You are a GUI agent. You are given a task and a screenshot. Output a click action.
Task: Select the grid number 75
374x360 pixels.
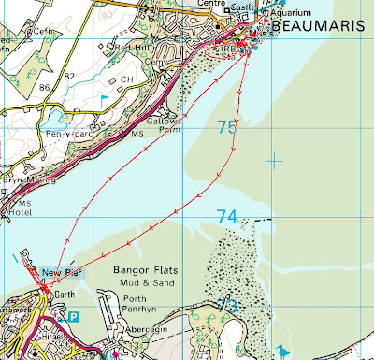click(227, 127)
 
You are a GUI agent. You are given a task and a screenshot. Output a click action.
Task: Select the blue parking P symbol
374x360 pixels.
click(74, 318)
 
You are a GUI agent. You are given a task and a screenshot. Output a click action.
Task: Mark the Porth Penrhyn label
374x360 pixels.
click(140, 306)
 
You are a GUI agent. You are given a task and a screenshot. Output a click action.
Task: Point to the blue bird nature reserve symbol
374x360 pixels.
click(281, 351)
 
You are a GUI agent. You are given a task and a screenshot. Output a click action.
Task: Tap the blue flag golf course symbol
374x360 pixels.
click(104, 95)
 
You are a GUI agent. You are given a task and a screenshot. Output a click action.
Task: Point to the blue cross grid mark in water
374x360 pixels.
click(274, 160)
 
